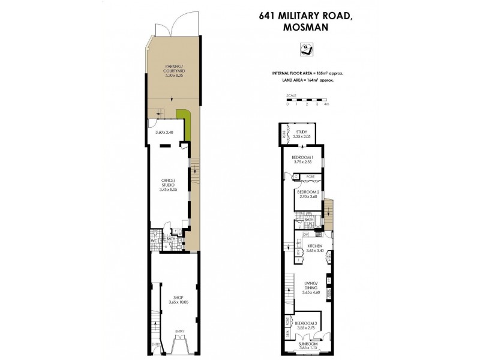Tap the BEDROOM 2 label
(307, 194)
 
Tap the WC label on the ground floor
(154, 242)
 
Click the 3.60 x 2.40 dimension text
(164, 132)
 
